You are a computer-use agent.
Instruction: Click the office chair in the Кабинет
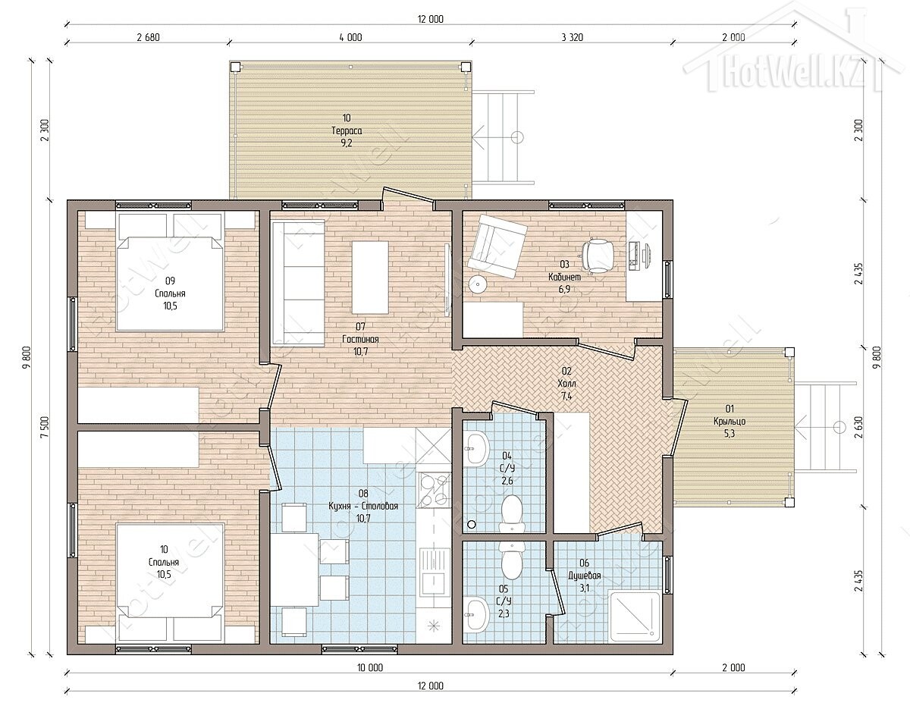point(598,255)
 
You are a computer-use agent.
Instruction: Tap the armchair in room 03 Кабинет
point(497,246)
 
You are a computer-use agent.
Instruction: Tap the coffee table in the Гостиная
point(370,278)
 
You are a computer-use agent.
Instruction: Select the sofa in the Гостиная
point(298,284)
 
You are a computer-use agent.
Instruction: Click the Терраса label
point(347,130)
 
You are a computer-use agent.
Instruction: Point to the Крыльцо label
point(730,422)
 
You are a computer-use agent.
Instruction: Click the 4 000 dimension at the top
point(350,38)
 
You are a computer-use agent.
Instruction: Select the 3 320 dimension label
point(572,38)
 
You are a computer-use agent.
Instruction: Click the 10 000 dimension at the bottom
point(370,667)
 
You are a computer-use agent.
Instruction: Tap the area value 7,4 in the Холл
point(566,396)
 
